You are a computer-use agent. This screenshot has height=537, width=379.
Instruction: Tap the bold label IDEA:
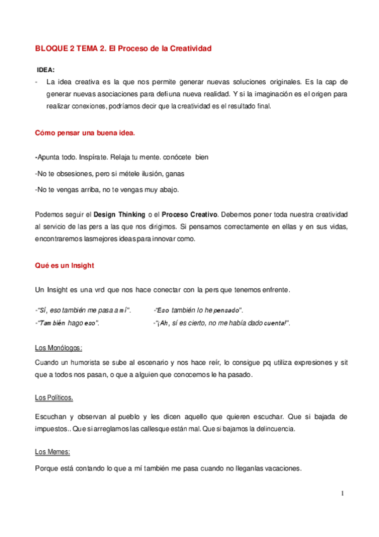46,70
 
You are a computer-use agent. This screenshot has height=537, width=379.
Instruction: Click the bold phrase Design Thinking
118,215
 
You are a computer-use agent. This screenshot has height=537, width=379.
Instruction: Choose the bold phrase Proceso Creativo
189,215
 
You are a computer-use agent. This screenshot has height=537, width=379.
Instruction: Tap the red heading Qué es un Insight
65,266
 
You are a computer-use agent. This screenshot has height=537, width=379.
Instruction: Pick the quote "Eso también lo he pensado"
197,310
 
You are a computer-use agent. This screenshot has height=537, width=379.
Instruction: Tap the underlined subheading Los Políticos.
54,398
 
